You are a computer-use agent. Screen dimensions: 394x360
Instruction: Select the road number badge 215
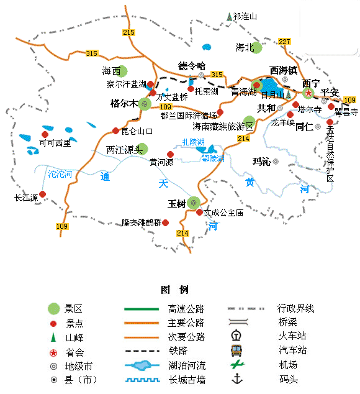pyautogui.click(x=128, y=32)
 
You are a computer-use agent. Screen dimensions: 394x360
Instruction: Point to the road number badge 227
pyautogui.click(x=284, y=41)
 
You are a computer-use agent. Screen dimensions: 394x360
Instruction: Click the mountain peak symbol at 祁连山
pyautogui.click(x=229, y=16)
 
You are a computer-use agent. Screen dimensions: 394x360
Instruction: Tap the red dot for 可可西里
pyautogui.click(x=45, y=134)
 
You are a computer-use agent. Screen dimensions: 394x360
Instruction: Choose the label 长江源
pyautogui.click(x=26, y=198)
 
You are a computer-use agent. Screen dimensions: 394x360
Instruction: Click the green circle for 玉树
pyautogui.click(x=194, y=203)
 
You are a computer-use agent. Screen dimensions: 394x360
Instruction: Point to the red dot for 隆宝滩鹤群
pyautogui.click(x=166, y=222)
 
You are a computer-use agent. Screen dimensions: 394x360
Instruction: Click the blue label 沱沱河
pyautogui.click(x=61, y=173)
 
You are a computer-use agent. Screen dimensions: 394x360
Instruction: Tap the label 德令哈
pyautogui.click(x=192, y=65)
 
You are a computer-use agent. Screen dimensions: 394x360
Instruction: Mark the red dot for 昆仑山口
pyautogui.click(x=115, y=131)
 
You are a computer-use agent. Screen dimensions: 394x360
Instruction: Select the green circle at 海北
pyautogui.click(x=256, y=47)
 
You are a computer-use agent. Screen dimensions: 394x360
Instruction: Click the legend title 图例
pyautogui.click(x=174, y=290)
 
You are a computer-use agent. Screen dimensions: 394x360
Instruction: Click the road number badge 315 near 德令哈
pyautogui.click(x=216, y=75)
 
